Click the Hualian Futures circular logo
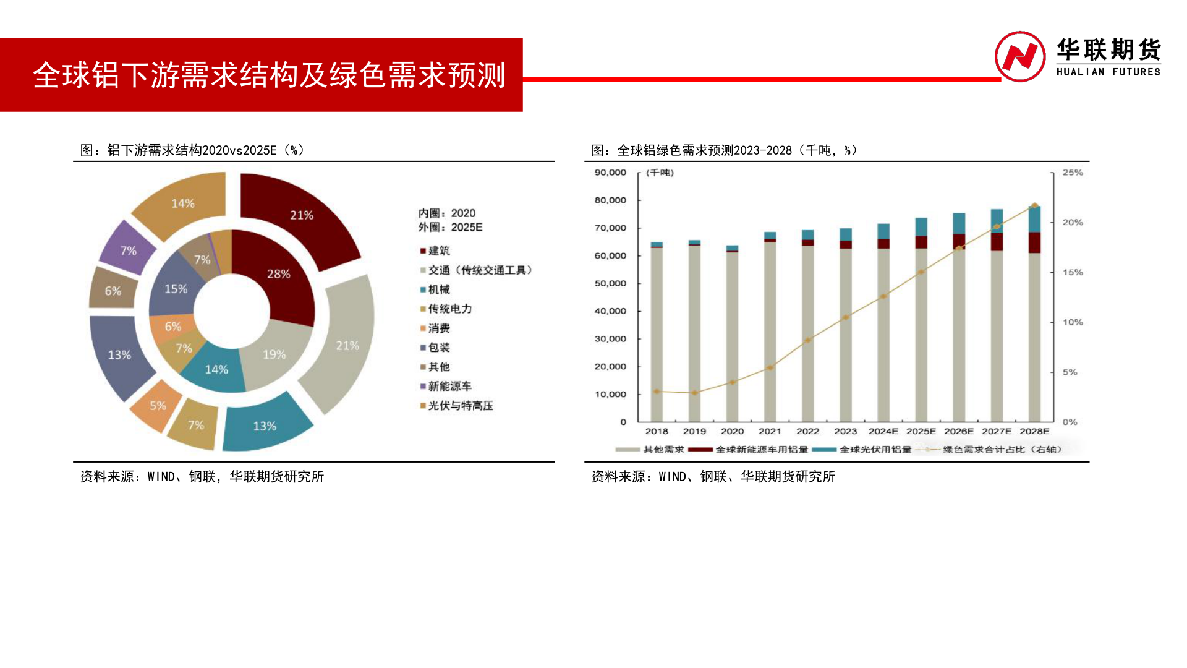(1019, 56)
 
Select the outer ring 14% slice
(182, 204)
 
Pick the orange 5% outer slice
(157, 406)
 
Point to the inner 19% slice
(274, 354)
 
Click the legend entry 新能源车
(449, 387)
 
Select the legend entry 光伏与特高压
(460, 406)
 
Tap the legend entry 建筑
(439, 250)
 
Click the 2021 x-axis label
(770, 431)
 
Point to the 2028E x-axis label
(1034, 431)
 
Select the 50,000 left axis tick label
(610, 283)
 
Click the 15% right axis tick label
(1073, 272)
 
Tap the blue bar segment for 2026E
(959, 223)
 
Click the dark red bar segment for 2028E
(1034, 242)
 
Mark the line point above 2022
(808, 340)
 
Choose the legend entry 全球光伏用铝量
(875, 450)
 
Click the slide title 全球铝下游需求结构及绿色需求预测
(269, 75)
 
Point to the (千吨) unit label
(660, 173)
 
